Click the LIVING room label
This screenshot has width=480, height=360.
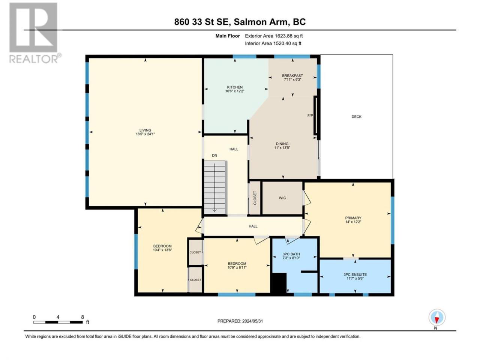(145, 130)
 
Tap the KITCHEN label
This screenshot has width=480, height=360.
(235, 87)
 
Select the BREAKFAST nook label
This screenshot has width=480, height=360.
(292, 76)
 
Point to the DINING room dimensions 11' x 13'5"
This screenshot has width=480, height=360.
(282, 148)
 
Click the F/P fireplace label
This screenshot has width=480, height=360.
(310, 115)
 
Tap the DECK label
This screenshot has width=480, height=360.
(357, 117)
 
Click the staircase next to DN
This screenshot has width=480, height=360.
(215, 187)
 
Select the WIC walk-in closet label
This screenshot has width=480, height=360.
(282, 198)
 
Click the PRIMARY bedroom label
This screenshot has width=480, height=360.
(353, 218)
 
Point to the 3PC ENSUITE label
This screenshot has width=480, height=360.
(355, 274)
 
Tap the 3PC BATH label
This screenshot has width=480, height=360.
(291, 254)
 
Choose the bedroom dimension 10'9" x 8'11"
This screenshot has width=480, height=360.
(237, 267)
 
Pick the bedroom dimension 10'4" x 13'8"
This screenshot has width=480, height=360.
(162, 250)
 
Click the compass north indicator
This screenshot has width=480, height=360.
(437, 317)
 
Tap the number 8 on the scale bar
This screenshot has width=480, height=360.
(82, 317)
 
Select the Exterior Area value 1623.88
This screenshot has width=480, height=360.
(283, 36)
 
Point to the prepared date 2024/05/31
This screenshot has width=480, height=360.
(252, 321)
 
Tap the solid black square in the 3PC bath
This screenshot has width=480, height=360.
(279, 282)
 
